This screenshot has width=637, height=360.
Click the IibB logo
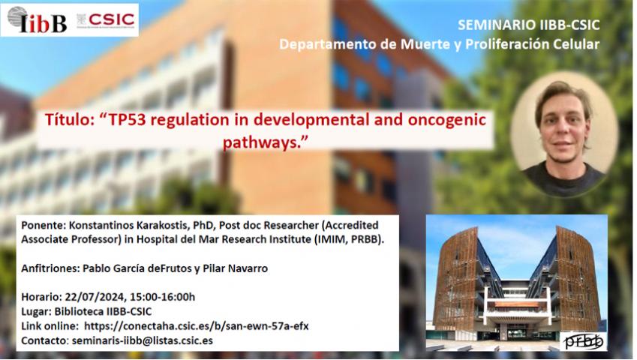[37, 20]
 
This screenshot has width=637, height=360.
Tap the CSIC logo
[106, 20]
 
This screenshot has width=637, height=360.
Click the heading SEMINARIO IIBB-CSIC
[528, 25]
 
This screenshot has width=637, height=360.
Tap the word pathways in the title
[258, 142]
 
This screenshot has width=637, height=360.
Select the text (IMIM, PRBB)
[349, 239]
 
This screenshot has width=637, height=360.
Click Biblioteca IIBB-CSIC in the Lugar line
[104, 312]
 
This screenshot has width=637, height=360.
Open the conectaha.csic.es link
[197, 326]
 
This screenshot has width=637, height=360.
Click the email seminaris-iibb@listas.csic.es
[143, 340]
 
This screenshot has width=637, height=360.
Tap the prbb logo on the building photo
[584, 341]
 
